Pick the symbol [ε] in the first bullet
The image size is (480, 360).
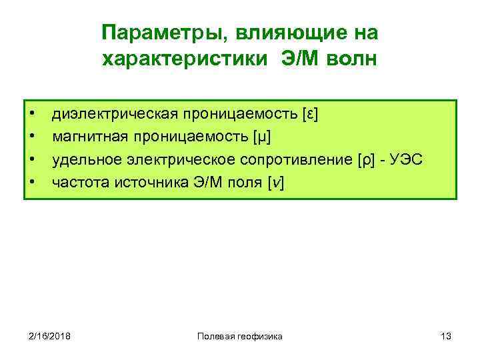click(310, 115)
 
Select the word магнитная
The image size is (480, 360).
click(86, 138)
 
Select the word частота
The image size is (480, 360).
click(75, 184)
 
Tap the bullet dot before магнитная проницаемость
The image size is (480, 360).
click(32, 138)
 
